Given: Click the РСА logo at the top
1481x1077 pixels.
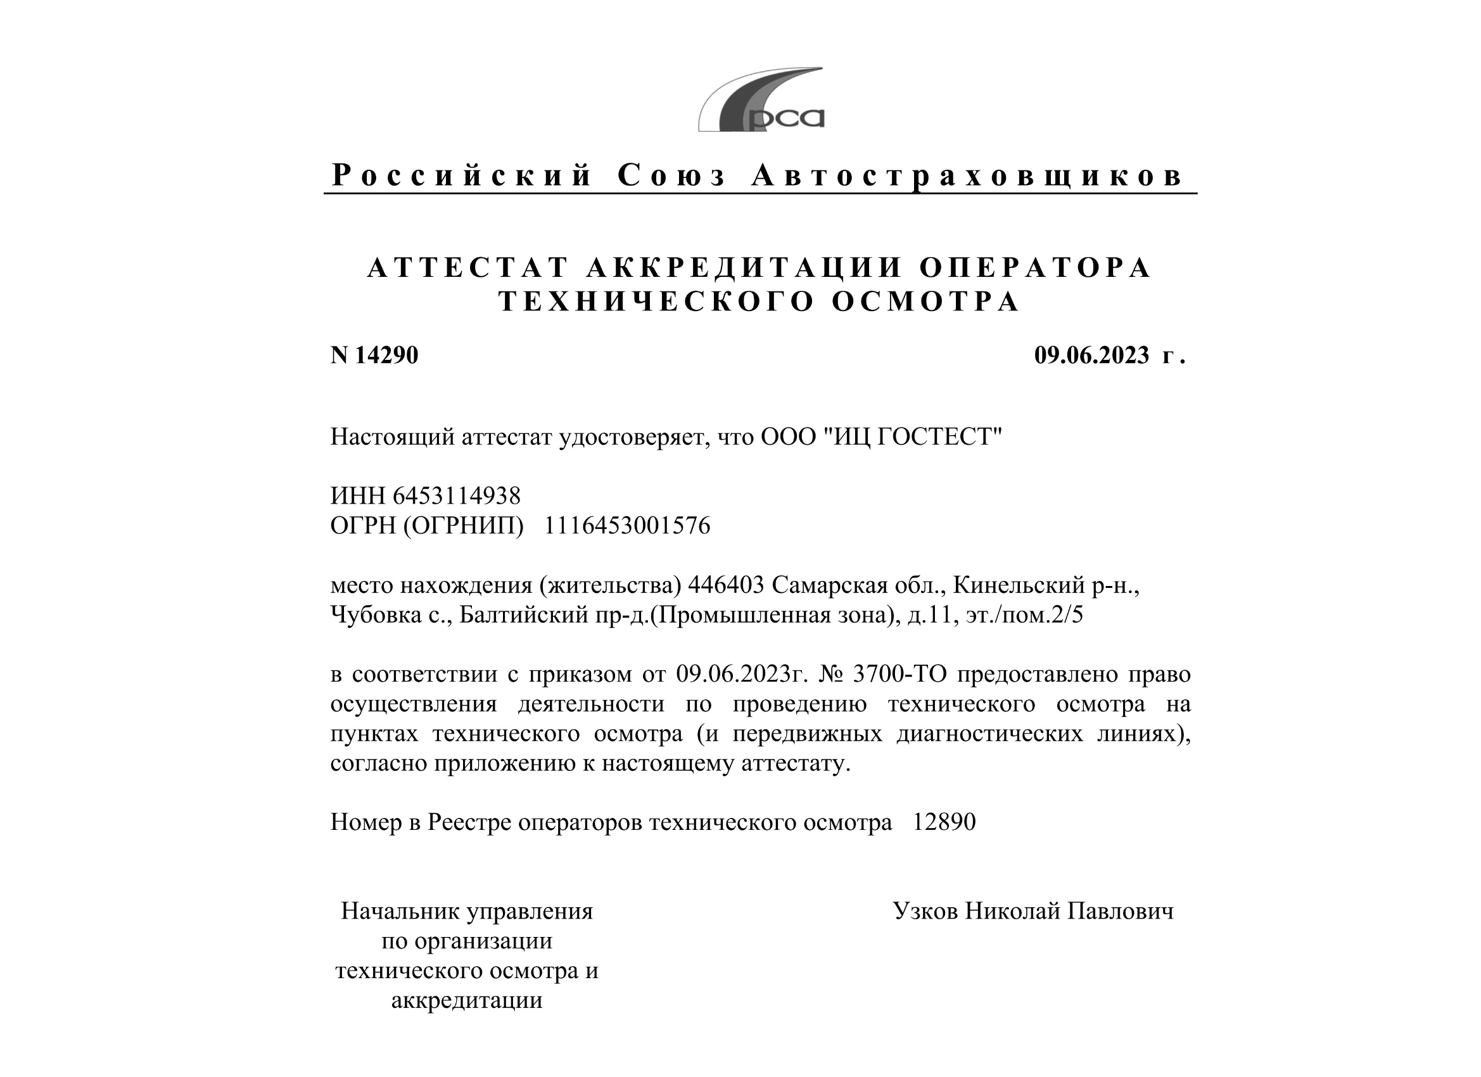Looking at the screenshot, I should (x=761, y=101).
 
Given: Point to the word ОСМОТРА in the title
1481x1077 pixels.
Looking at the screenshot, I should (x=925, y=302).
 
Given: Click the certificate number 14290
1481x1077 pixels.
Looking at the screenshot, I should (x=386, y=355).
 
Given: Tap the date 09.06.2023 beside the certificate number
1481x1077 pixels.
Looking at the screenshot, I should (x=1091, y=355).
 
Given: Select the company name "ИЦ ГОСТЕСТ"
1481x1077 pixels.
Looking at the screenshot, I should (x=908, y=437).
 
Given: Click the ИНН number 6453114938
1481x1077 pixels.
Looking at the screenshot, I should (x=457, y=495).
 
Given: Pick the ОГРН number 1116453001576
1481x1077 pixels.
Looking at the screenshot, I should (x=627, y=526).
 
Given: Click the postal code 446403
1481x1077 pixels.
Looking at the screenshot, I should (x=725, y=585).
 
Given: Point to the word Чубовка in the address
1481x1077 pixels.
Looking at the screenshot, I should (x=376, y=615).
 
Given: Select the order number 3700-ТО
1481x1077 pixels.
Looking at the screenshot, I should (x=899, y=673).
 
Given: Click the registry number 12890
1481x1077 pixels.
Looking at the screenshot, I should (x=944, y=822).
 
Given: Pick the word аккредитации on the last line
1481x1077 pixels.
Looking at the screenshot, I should (x=467, y=1000).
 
